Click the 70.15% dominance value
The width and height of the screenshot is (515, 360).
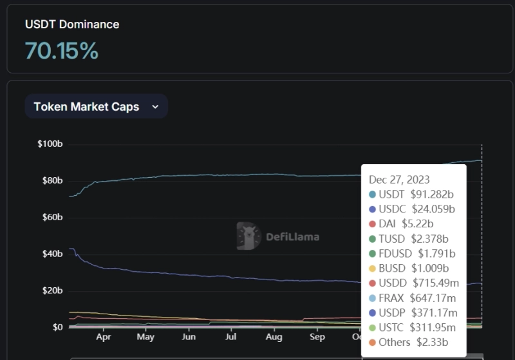[62, 50]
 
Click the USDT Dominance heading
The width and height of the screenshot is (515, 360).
[72, 24]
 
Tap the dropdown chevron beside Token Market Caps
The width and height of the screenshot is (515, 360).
[154, 107]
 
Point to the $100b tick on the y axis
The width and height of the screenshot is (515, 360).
[50, 144]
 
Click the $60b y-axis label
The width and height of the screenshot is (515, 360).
[51, 217]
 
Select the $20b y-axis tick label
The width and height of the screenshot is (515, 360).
[51, 290]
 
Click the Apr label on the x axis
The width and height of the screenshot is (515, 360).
[103, 337]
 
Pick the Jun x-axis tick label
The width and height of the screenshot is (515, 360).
[189, 337]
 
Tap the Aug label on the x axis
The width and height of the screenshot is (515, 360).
[274, 337]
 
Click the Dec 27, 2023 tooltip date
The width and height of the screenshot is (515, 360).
[399, 179]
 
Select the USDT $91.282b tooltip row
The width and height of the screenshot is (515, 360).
[412, 194]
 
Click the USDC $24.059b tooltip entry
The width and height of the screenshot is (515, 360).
[412, 209]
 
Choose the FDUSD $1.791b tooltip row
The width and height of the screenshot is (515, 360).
[412, 253]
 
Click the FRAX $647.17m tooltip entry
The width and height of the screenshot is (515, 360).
[412, 298]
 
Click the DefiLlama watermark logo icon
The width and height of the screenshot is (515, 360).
[248, 236]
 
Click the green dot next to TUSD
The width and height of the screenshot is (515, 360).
[372, 239]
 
